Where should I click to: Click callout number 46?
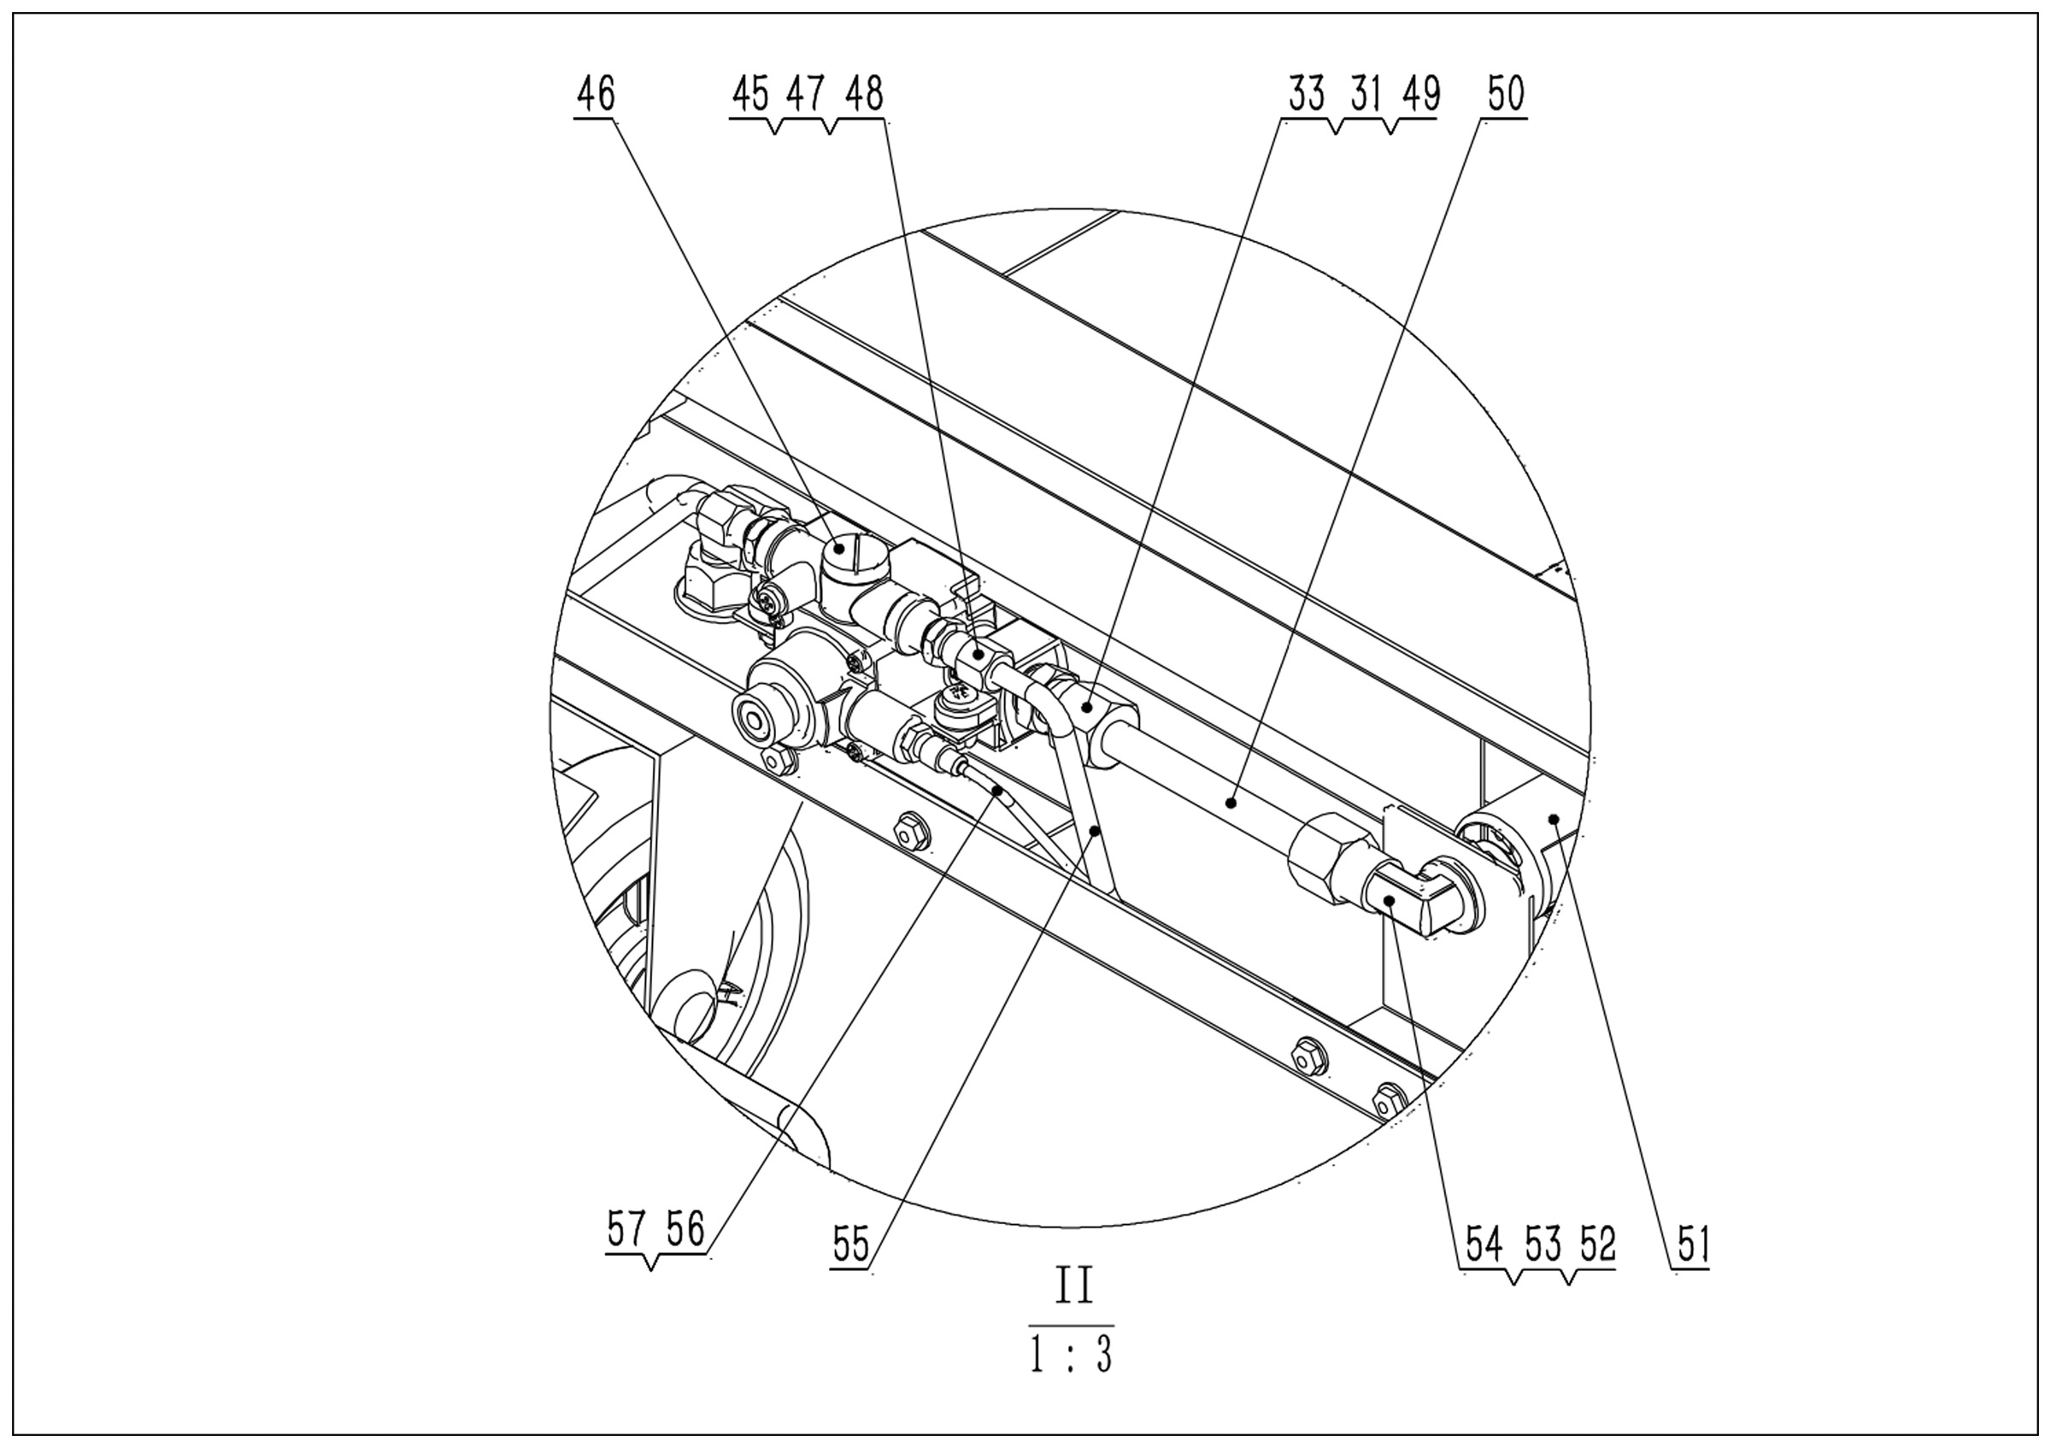(596, 94)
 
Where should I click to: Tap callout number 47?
(805, 94)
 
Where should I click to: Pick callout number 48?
(863, 94)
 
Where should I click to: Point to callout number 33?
(1306, 94)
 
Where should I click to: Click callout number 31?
(1365, 94)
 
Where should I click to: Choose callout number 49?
(1420, 94)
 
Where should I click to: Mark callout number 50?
(1505, 94)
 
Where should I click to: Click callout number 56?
(685, 1229)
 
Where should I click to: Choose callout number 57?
(626, 1229)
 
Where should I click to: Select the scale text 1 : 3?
(1071, 1355)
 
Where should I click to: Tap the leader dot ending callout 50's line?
(1231, 803)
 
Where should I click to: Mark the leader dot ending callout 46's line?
(839, 549)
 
